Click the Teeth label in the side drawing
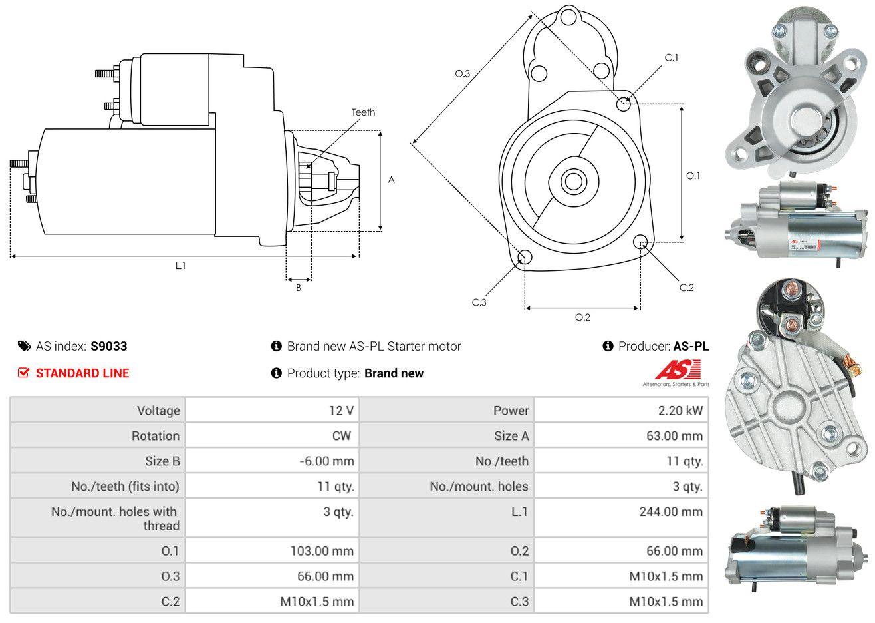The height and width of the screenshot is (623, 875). coord(363,112)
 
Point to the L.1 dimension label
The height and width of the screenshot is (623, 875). coord(180,266)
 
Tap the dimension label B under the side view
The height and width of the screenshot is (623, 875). coord(299,288)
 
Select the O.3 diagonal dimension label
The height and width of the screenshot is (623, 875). coord(463,73)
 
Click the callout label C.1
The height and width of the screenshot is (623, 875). coord(672,57)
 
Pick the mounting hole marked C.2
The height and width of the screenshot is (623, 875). coord(641,242)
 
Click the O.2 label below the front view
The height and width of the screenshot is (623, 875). coord(582,317)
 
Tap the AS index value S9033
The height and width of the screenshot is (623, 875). coord(109,346)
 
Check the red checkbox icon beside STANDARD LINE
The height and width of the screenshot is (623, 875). coord(23,373)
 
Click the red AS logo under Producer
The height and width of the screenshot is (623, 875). coord(678,370)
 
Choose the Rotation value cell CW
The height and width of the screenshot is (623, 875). coord(341,436)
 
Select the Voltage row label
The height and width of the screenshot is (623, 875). coord(158,411)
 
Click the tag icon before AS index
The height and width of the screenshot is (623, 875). coord(24,346)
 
